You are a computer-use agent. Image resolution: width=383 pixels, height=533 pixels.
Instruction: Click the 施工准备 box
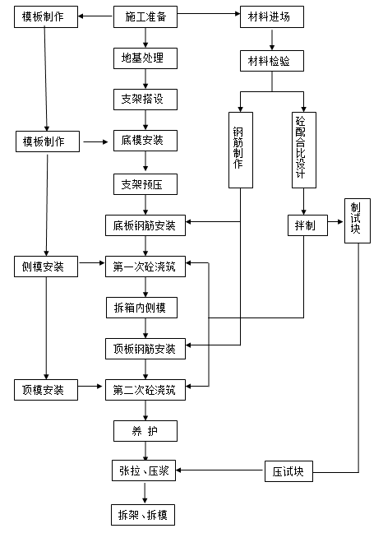145,16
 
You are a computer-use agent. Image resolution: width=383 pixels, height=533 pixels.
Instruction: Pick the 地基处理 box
145,58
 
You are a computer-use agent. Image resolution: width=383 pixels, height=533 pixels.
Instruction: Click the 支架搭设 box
145,100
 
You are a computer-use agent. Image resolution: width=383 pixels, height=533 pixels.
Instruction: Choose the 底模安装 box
145,141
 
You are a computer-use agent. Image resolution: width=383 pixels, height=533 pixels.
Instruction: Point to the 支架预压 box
145,184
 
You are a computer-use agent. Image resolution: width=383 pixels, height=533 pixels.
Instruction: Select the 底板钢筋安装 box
145,225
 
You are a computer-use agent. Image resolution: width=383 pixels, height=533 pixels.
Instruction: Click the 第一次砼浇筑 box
145,266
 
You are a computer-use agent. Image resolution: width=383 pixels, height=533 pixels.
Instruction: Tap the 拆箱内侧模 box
145,308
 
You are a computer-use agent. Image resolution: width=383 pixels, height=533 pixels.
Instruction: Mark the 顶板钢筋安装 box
145,349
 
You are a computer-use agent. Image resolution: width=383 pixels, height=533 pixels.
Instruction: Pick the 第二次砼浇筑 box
145,390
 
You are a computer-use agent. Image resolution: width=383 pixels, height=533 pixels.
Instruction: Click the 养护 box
145,431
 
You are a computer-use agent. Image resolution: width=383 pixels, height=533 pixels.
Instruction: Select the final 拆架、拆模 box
145,515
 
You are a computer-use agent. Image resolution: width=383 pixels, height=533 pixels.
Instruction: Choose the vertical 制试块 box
356,220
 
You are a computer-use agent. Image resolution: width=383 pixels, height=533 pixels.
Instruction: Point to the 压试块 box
288,472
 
